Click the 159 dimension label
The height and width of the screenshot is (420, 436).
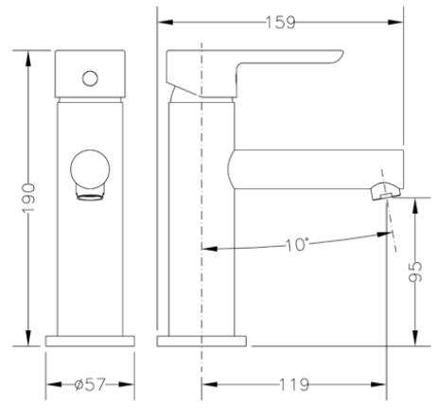(280, 23)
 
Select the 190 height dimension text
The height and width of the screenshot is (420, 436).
(28, 198)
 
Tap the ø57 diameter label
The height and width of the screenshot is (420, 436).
(90, 384)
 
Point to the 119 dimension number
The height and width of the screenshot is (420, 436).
(294, 384)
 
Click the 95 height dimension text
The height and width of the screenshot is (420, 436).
(415, 271)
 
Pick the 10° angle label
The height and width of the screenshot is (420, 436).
(296, 245)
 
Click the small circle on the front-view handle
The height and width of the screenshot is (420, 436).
(90, 79)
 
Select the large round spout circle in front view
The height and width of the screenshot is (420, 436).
(90, 169)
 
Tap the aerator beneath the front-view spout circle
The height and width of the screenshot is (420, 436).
(91, 193)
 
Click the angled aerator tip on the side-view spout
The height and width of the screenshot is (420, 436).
(386, 191)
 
